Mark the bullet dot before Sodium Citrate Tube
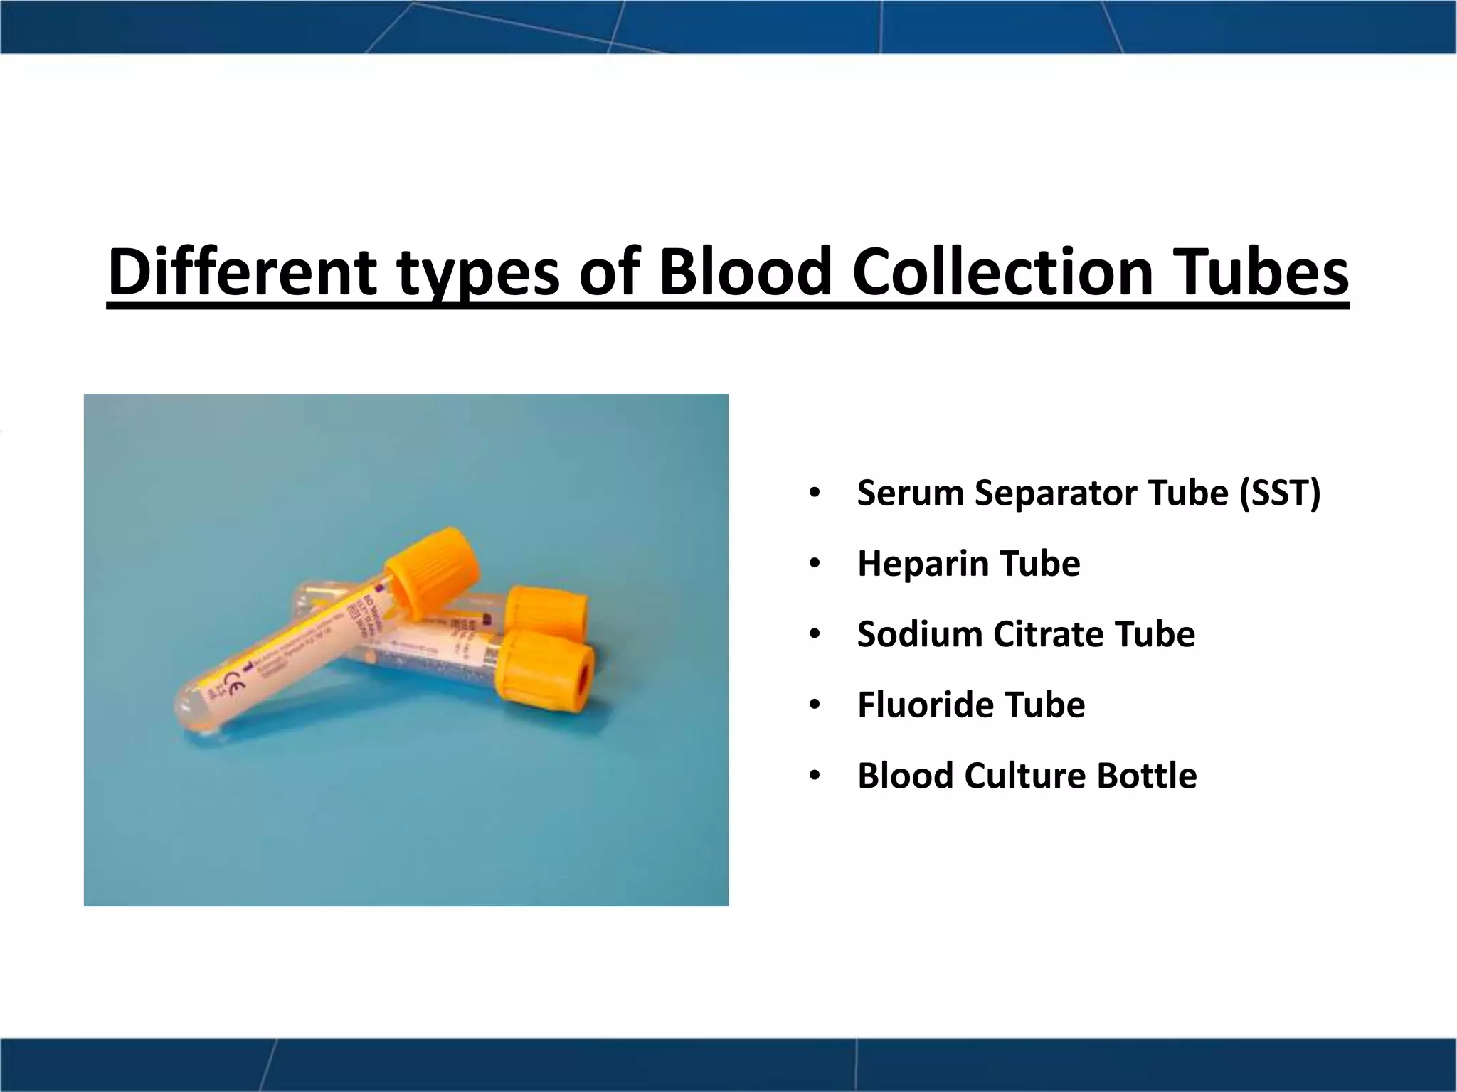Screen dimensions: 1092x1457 point(815,634)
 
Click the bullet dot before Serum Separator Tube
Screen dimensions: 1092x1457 point(815,493)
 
